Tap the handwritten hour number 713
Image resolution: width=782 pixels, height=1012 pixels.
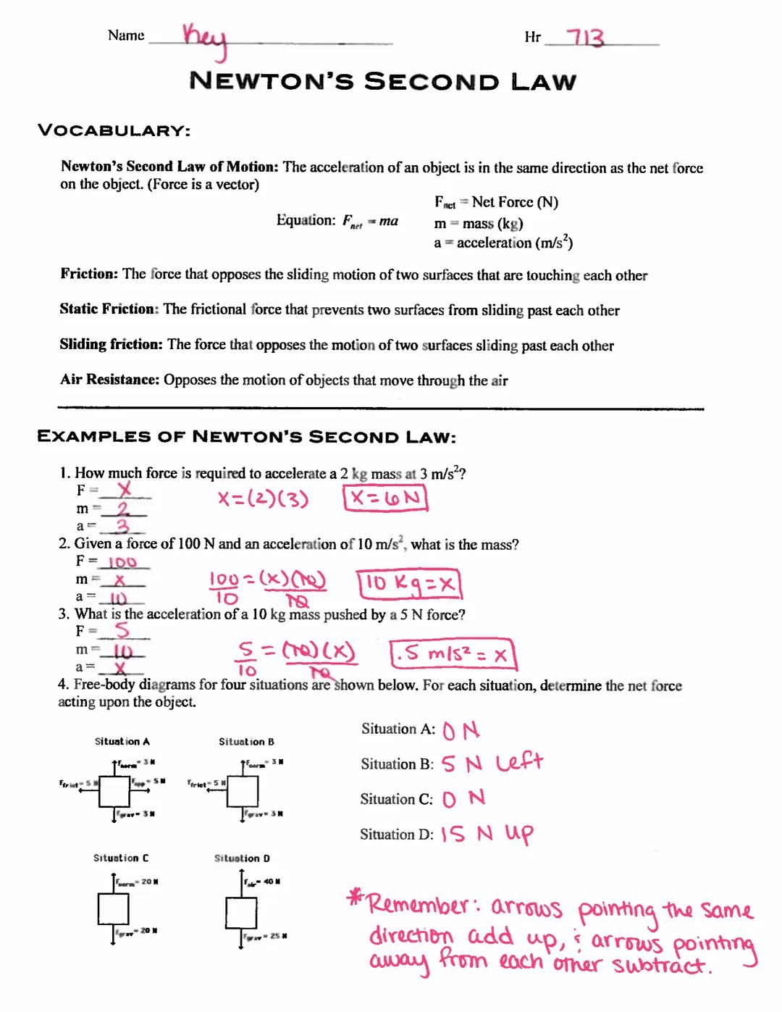[585, 38]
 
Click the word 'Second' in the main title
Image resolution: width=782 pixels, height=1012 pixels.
[432, 81]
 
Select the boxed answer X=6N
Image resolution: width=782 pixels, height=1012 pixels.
[385, 498]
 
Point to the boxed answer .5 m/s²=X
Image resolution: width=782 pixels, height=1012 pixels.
[451, 654]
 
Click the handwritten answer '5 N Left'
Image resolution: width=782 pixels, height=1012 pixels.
[492, 764]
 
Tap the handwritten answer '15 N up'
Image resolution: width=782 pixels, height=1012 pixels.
[487, 835]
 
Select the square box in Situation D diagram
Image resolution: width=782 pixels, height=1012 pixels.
[241, 911]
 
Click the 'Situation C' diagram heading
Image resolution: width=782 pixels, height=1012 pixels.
[121, 858]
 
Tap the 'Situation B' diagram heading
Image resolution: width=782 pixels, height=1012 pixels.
[246, 742]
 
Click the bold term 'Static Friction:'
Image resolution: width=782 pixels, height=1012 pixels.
[109, 309]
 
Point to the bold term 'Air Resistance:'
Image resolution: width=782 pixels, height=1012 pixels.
[109, 380]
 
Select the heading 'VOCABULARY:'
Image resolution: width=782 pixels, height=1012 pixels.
[114, 130]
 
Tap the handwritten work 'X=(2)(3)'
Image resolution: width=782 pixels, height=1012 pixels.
[264, 499]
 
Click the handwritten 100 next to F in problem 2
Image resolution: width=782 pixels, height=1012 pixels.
[122, 562]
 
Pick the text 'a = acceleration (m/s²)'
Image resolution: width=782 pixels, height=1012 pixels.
[503, 243]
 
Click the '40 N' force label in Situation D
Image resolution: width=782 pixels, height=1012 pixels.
[271, 882]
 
